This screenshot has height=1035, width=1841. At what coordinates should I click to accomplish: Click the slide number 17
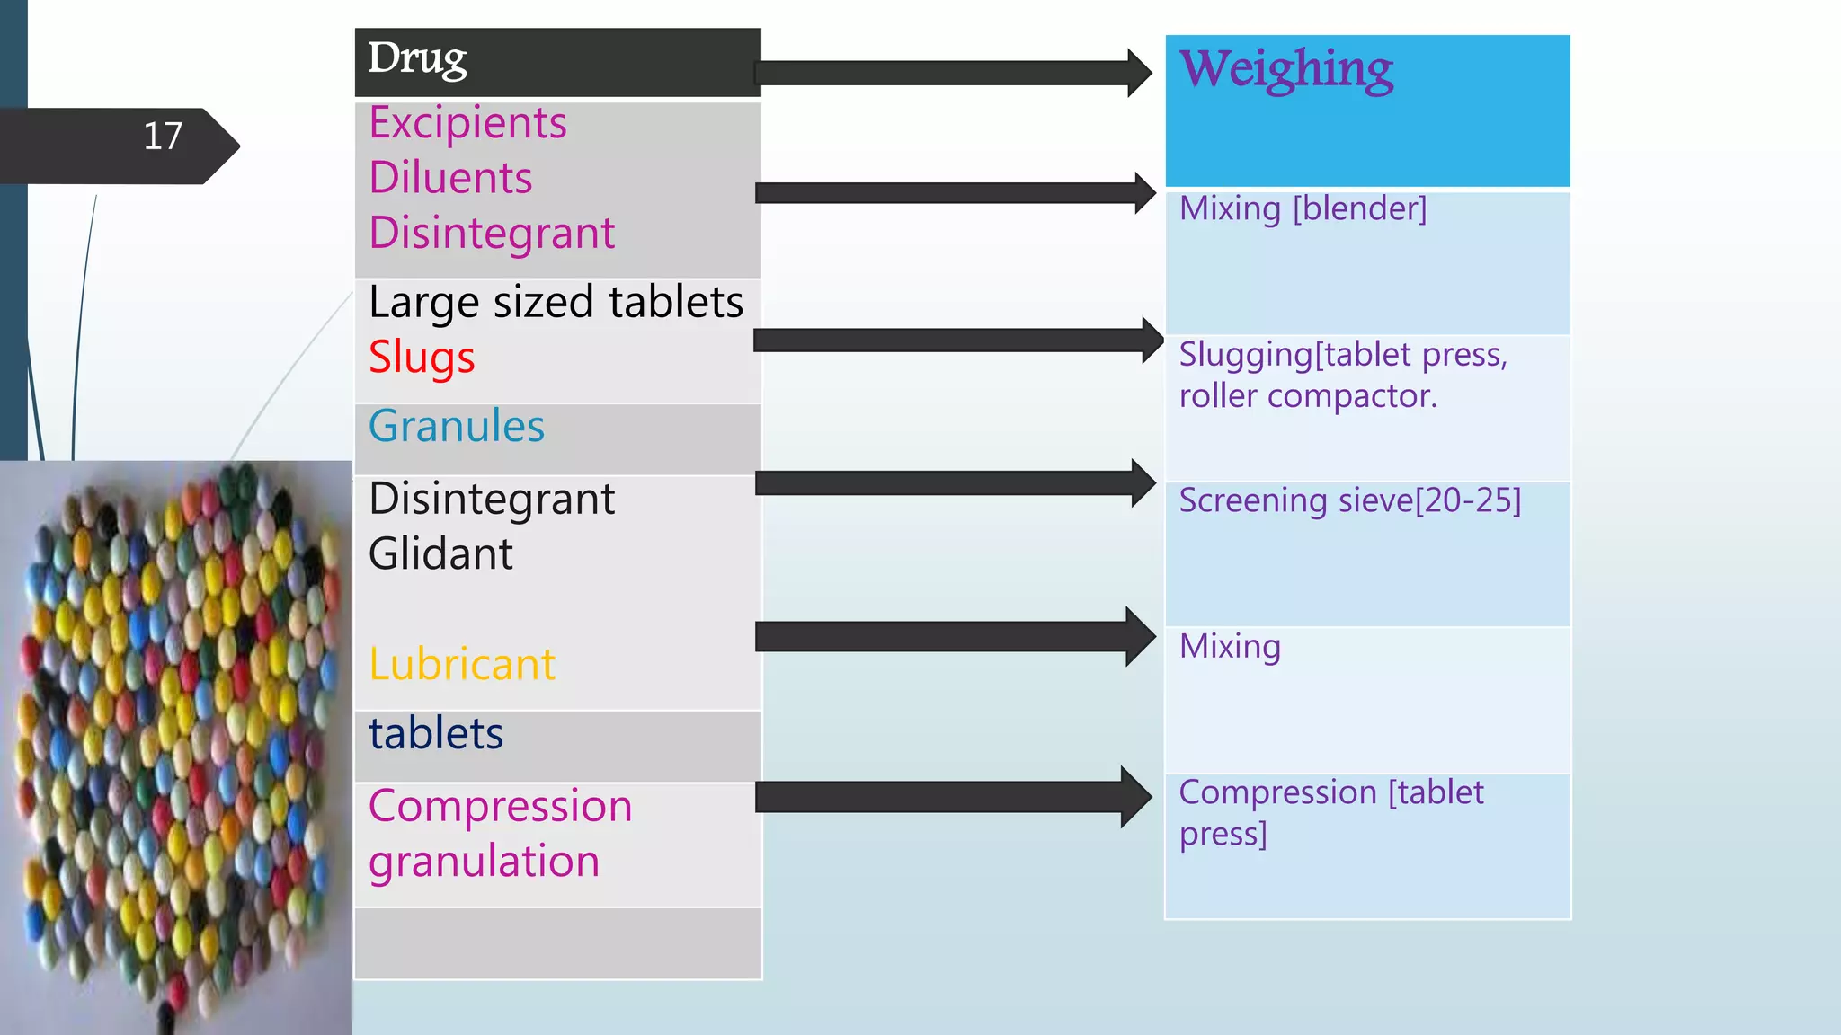[163, 137]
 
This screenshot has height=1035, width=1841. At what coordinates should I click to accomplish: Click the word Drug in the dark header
[417, 59]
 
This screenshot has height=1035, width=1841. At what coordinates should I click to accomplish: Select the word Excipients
[467, 123]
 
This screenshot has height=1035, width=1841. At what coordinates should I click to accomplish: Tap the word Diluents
[450, 178]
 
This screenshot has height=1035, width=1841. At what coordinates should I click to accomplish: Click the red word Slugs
[422, 358]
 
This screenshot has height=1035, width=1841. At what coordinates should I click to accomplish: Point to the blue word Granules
[457, 426]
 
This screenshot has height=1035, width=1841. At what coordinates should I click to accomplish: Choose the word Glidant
[440, 553]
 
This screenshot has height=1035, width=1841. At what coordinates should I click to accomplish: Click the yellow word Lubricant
[462, 665]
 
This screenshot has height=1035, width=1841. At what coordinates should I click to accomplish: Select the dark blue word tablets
[436, 733]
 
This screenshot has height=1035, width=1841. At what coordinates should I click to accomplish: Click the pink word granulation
[484, 862]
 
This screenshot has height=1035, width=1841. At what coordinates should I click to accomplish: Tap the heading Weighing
[1286, 69]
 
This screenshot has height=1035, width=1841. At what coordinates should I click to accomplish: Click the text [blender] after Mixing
[1359, 209]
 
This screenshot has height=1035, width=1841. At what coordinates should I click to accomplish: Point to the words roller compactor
[1308, 396]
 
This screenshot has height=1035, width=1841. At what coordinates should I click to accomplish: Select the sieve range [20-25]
[1468, 500]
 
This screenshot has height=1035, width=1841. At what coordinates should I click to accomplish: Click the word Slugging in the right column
[1246, 355]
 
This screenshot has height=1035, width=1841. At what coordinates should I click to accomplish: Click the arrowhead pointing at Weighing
[1140, 73]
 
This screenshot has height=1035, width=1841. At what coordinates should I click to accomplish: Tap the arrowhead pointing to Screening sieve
[1143, 483]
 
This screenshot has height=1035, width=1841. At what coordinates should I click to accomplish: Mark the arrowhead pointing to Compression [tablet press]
[1136, 797]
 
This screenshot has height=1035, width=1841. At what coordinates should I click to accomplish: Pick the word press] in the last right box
[1223, 835]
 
